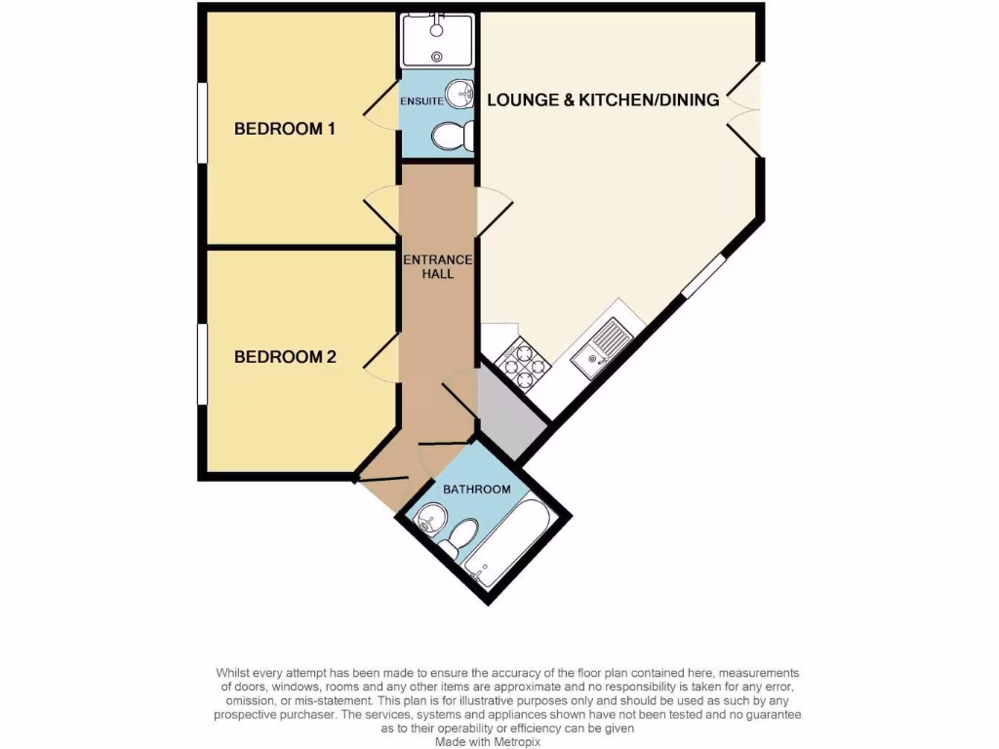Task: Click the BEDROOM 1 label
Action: (x=285, y=129)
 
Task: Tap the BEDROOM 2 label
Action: (x=285, y=357)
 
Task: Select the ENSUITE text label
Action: (x=421, y=100)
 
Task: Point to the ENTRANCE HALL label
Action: (x=438, y=266)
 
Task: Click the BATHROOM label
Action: (x=477, y=489)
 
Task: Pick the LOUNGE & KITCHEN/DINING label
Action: (x=603, y=99)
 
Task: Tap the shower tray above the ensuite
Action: (x=437, y=40)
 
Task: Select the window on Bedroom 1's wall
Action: (x=202, y=122)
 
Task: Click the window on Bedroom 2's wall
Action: (x=202, y=363)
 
